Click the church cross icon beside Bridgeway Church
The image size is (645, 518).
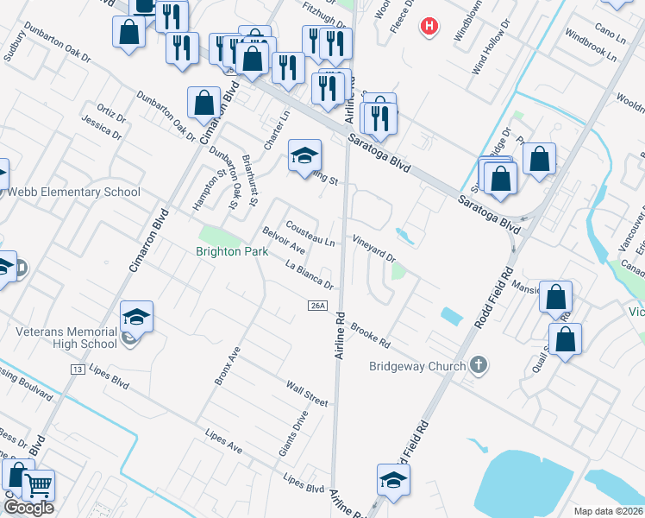pos(480,365)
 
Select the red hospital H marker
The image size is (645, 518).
pos(429,27)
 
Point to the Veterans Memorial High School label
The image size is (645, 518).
pos(66,338)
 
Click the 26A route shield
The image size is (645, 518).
pos(316,306)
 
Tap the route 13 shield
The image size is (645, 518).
pos(78,369)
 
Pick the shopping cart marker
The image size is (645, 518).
pos(37,485)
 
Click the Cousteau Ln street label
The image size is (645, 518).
pos(311,231)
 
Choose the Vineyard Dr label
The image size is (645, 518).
pos(373,246)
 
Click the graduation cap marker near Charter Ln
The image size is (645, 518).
pos(304,156)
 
